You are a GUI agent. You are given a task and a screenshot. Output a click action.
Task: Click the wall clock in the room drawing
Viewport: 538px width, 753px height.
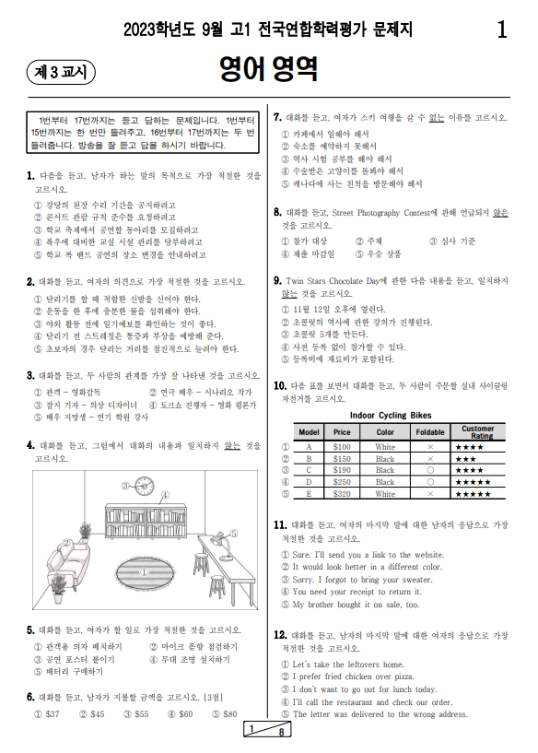coord(145,488)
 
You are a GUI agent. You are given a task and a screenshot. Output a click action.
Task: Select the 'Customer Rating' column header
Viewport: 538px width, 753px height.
coord(477,431)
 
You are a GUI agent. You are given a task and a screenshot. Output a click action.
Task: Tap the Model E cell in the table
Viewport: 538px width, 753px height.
coord(309,494)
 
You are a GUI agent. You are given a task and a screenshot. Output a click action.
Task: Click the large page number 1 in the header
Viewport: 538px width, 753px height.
coord(501,30)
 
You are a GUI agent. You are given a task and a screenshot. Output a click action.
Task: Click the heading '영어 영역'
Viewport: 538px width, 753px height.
coord(268,68)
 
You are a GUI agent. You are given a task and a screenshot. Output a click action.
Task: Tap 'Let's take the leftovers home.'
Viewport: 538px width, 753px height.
coord(347,664)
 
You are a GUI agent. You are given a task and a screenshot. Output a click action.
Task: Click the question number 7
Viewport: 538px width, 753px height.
coord(278,118)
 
